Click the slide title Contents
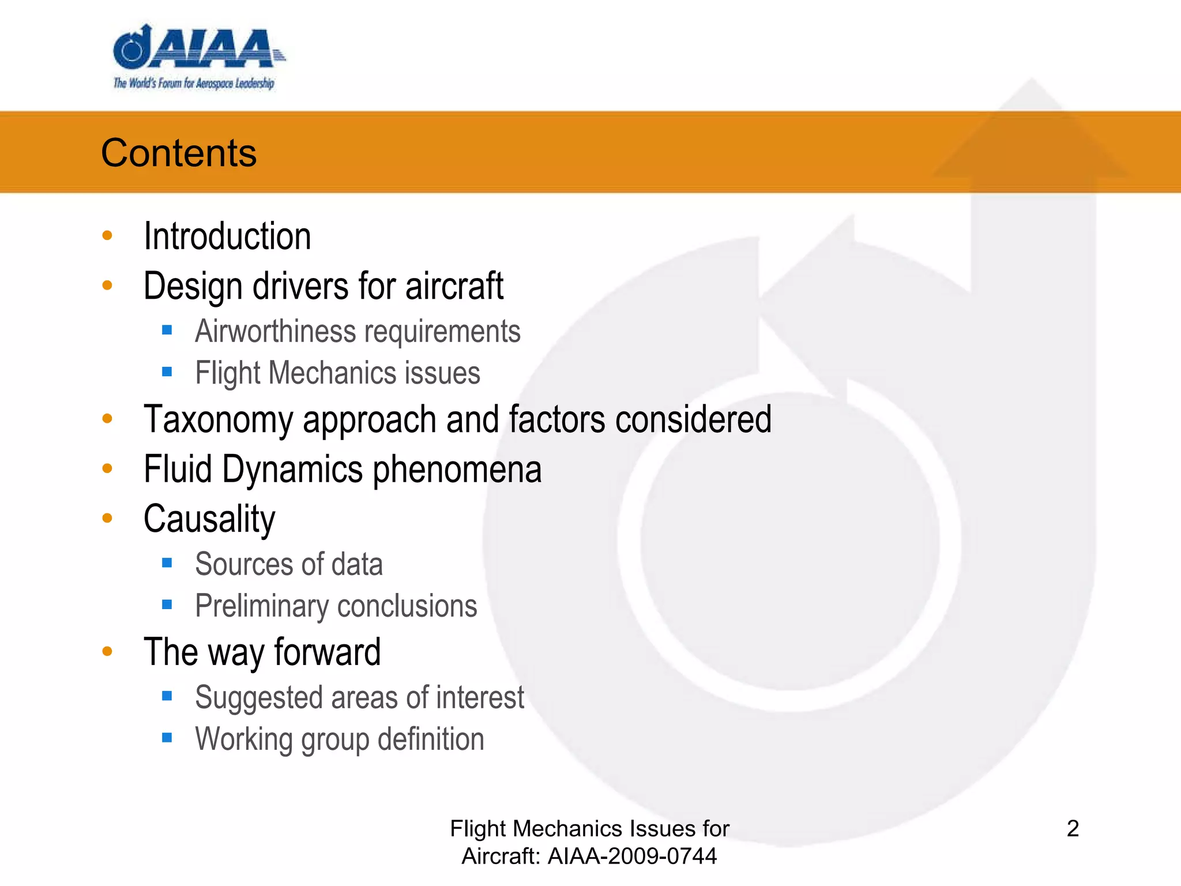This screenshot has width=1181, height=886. point(179,153)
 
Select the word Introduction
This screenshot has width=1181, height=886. point(227,236)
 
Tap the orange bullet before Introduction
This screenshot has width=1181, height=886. point(107,235)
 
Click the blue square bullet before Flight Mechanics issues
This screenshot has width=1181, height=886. point(167,372)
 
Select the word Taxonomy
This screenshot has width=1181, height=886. point(218,419)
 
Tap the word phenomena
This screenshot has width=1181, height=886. point(457,469)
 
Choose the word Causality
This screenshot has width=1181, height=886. point(209,519)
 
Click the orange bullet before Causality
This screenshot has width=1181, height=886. point(107,518)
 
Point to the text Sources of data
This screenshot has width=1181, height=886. point(289,564)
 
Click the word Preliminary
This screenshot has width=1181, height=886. point(261,606)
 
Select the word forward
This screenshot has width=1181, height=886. point(327,652)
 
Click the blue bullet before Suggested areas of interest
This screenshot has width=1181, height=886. point(167,696)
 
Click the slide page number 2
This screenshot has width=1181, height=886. point(1073,829)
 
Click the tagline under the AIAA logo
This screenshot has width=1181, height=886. point(194,84)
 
